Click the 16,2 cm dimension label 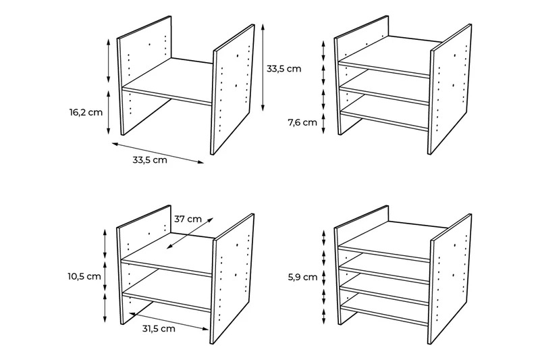tap(86, 112)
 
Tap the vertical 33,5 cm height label tap(283, 68)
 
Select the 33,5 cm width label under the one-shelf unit tap(150, 160)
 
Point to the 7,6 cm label tap(302, 122)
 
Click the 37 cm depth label tap(188, 219)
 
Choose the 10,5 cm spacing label tap(84, 276)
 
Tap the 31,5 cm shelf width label tap(159, 329)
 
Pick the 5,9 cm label tap(302, 277)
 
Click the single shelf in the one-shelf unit tap(167, 82)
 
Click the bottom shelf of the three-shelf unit tap(384, 116)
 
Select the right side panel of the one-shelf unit tap(232, 90)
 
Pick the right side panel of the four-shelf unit tap(450, 279)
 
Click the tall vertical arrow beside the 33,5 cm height tap(263, 68)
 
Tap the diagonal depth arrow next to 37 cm tap(190, 233)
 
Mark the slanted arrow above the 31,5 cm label tap(169, 321)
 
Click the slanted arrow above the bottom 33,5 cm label tap(158, 153)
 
